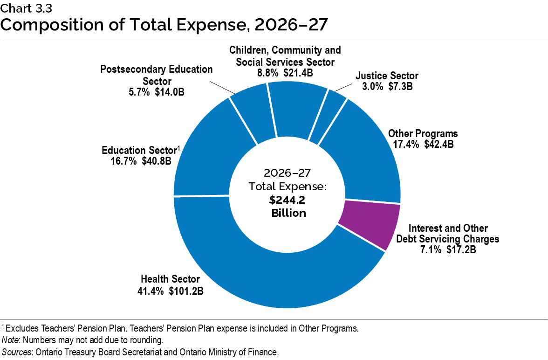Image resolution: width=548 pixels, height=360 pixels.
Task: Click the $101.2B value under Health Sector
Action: click(x=186, y=291)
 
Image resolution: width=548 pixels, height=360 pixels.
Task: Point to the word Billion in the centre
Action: click(x=288, y=213)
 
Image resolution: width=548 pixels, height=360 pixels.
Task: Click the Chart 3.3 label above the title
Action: click(x=26, y=7)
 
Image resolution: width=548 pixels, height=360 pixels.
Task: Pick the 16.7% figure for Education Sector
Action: click(x=120, y=161)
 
